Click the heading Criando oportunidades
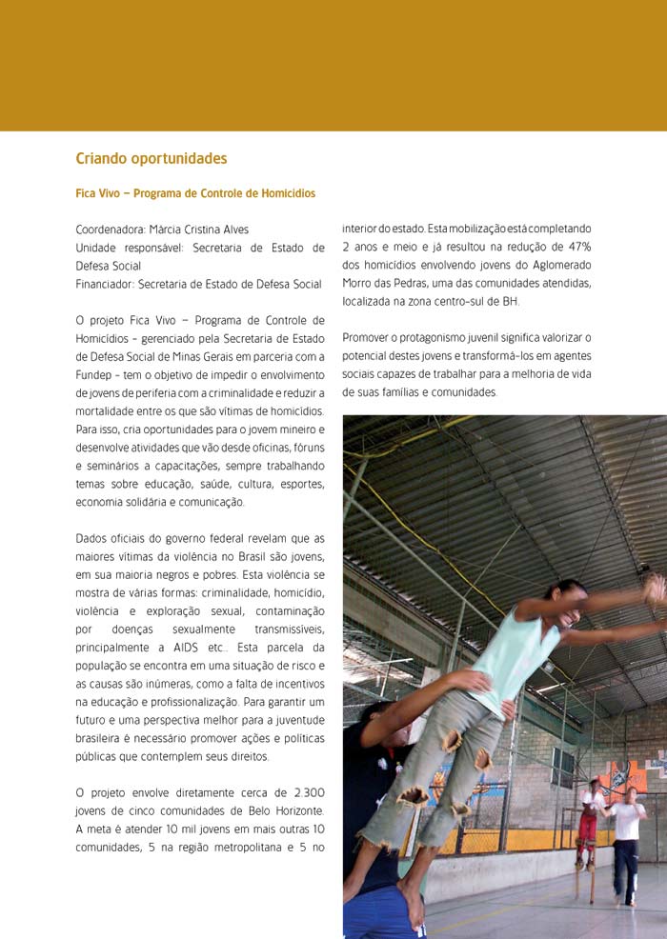click(x=151, y=158)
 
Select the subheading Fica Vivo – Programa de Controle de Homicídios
click(x=195, y=193)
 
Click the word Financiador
click(x=105, y=284)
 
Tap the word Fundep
click(x=93, y=374)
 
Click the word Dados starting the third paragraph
click(x=91, y=538)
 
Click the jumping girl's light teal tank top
click(x=515, y=657)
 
